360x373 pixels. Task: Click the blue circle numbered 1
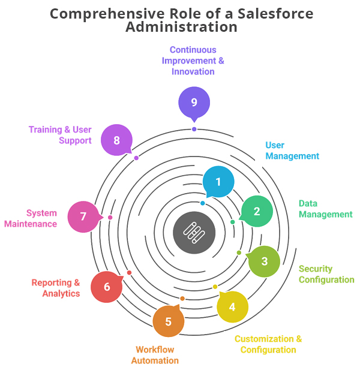(x=218, y=181)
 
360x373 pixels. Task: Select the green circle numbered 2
(x=257, y=211)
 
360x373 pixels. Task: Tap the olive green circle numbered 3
(x=264, y=261)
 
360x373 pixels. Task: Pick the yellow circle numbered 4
(x=232, y=307)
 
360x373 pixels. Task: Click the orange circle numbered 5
(x=168, y=321)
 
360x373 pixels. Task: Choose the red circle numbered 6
(x=107, y=287)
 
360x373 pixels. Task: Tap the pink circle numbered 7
(x=83, y=216)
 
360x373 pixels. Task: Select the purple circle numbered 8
(x=116, y=140)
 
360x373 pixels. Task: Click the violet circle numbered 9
(x=194, y=103)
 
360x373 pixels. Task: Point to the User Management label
(x=292, y=151)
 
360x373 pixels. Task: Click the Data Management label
(x=325, y=209)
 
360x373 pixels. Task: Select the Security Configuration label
(x=326, y=274)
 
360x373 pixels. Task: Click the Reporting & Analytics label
(x=56, y=288)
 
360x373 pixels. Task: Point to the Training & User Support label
(x=60, y=135)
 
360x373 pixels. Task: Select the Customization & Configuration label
(x=268, y=344)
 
